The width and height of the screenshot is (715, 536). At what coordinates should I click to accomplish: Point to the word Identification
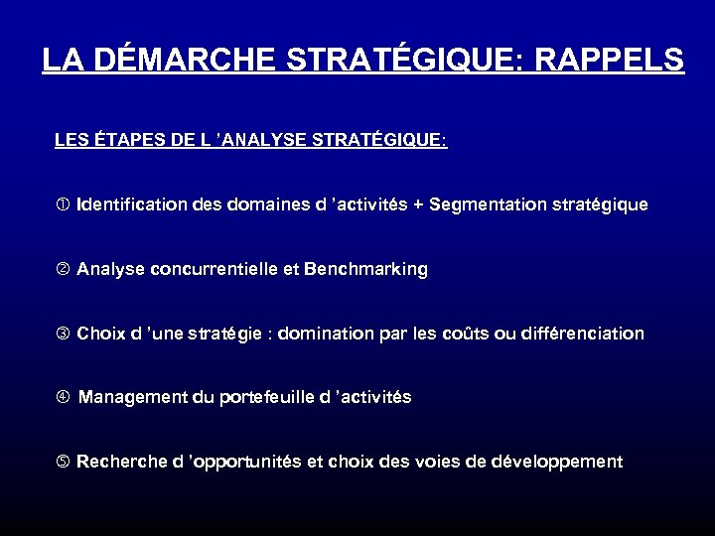pyautogui.click(x=133, y=205)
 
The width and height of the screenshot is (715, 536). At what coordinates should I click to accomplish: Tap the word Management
pyautogui.click(x=129, y=397)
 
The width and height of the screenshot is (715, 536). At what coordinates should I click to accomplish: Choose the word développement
pyautogui.click(x=563, y=462)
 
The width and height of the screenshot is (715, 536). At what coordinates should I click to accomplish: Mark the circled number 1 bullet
pyautogui.click(x=62, y=205)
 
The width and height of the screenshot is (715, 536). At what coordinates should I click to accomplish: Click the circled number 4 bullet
pyautogui.click(x=62, y=397)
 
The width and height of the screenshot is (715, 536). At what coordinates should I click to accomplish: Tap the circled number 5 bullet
pyautogui.click(x=62, y=462)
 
